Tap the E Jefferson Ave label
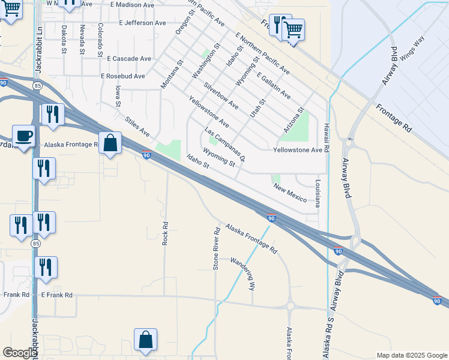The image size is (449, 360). click(x=142, y=23)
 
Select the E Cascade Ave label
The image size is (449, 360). click(x=129, y=59)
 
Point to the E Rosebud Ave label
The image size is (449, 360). click(x=123, y=77)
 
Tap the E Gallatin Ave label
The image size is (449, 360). click(x=274, y=86)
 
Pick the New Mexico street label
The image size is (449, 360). click(x=291, y=193)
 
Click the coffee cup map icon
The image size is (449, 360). click(x=23, y=136)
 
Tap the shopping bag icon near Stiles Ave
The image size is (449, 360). click(x=110, y=143)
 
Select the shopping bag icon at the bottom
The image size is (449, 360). click(x=146, y=340)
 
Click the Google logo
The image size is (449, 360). click(x=19, y=353)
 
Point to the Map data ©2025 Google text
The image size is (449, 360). click(x=411, y=355)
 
